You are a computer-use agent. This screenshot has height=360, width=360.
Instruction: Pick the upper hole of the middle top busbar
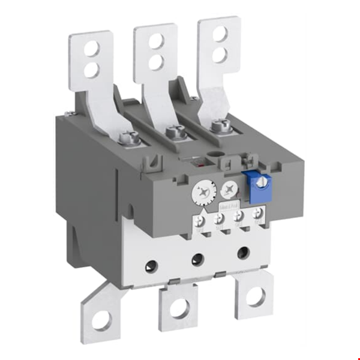coord(156,41)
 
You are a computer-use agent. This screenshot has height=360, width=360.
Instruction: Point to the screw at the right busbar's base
coord(217,125)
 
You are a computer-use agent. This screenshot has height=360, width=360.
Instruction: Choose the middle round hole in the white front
coord(197,258)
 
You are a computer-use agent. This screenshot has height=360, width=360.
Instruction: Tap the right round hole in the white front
coord(243,252)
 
